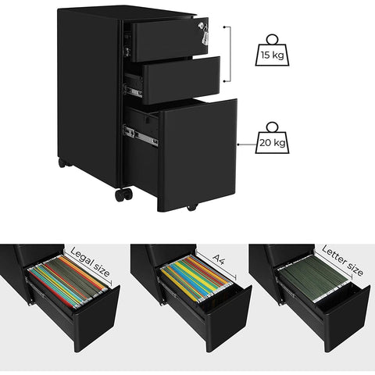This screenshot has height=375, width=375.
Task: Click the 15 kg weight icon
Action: tap(271, 50)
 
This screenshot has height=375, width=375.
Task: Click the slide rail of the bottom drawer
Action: tap(141, 134)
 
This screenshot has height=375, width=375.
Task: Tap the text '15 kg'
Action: tap(271, 56)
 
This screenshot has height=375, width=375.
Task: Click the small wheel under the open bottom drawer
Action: tap(190, 207)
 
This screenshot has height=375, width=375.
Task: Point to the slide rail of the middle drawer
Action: tap(134, 91)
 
